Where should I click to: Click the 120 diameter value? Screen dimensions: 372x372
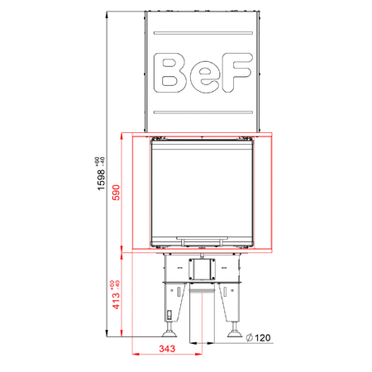(262, 337)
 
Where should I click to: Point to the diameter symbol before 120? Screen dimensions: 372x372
(249, 337)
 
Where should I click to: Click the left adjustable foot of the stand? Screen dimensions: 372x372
(171, 332)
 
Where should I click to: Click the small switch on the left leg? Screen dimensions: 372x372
(170, 315)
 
